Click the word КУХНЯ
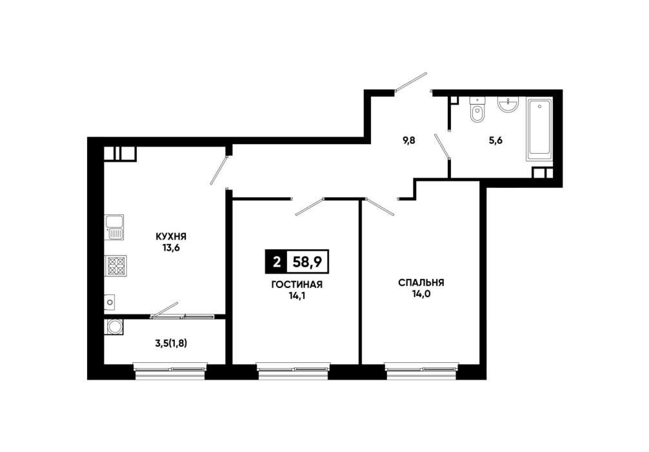pos(171,236)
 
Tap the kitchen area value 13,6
pos(171,248)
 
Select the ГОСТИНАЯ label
pos(297,285)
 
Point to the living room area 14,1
pos(297,296)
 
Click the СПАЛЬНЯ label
pos(421,283)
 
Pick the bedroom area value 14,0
pos(421,294)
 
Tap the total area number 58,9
pos(307,262)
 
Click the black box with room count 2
pos(276,262)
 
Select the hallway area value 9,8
pos(409,141)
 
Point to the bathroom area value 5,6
pos(495,141)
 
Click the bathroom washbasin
pos(508,105)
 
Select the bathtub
pos(539,129)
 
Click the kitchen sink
pos(114,227)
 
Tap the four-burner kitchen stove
pos(115,266)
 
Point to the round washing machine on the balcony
pos(114,327)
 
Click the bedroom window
pos(421,371)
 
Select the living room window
pos(293,371)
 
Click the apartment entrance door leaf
pos(411,81)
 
